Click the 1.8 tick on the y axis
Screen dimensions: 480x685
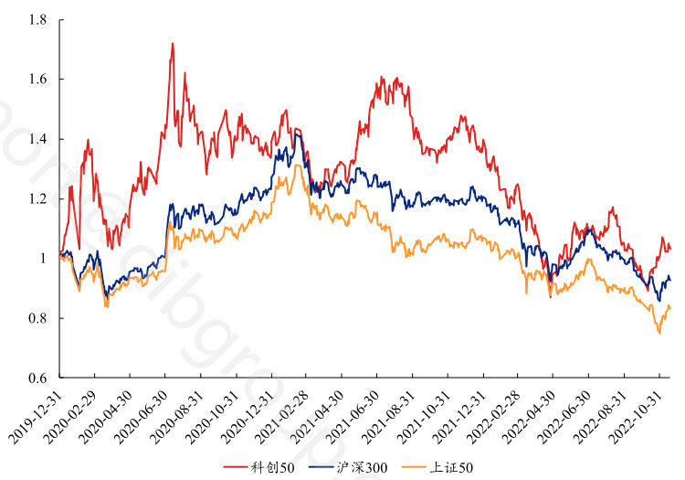(37, 19)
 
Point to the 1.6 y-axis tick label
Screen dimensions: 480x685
(37, 80)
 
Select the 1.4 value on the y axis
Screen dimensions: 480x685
(37, 139)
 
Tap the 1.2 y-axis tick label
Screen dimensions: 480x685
(37, 199)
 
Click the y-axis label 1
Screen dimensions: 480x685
(43, 259)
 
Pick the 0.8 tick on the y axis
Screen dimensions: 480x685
(37, 318)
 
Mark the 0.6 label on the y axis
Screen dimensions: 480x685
(37, 378)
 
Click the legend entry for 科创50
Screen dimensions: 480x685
(269, 468)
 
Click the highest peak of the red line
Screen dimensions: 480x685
(173, 43)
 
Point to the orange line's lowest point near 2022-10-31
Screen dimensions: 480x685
(659, 333)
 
